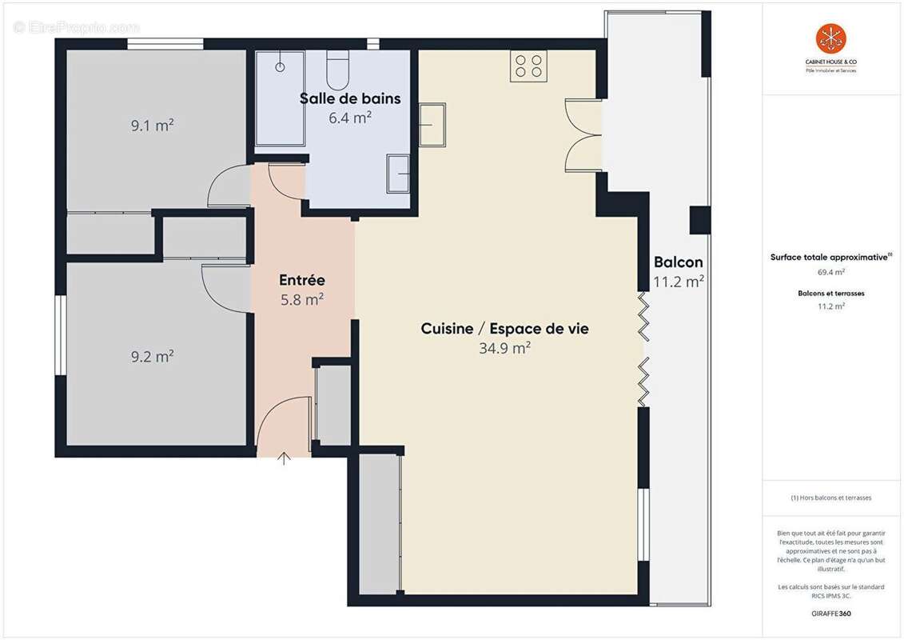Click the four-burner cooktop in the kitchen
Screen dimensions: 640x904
528,66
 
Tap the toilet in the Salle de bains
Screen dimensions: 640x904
338,70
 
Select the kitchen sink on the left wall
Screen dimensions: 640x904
432,125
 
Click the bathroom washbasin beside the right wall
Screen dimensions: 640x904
398,174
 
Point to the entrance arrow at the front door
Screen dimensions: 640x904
284,458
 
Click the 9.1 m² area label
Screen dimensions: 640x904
153,125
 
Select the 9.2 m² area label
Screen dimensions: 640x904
153,356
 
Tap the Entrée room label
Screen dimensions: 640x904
302,280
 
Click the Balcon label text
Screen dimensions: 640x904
678,262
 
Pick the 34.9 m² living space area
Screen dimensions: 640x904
504,348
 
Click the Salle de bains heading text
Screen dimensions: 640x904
350,98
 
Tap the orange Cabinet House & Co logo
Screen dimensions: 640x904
830,38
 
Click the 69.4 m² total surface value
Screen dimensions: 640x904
830,272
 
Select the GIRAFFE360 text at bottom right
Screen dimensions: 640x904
830,613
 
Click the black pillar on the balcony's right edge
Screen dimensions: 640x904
700,220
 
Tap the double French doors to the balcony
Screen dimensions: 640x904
583,135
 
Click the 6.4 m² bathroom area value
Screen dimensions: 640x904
350,118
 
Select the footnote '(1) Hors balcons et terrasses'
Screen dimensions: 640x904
830,498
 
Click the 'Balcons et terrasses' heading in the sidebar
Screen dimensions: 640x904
830,294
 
